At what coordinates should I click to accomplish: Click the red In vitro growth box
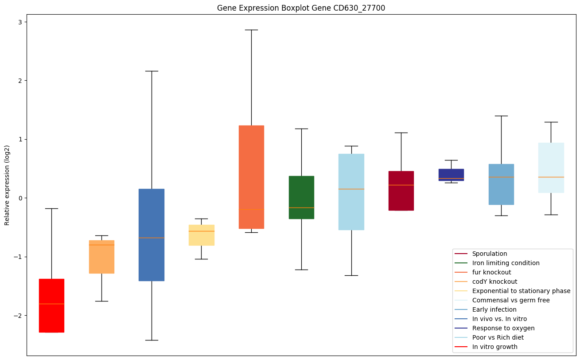[51, 305]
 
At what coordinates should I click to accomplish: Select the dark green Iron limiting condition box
[301, 197]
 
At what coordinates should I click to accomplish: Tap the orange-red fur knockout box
[251, 177]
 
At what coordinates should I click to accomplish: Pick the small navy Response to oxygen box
[451, 175]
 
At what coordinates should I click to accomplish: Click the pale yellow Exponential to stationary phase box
[201, 235]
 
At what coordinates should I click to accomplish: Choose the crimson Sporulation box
[401, 191]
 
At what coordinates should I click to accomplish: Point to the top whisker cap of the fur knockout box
[251, 30]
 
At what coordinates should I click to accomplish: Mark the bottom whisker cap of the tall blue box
[152, 340]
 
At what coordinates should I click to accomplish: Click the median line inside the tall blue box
[152, 238]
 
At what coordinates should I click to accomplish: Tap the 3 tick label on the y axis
[20, 22]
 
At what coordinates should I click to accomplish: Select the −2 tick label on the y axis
[18, 316]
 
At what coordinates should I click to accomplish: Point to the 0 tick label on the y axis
[20, 198]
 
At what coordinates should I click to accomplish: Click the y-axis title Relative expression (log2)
[7, 184]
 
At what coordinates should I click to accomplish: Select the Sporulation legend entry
[489, 254]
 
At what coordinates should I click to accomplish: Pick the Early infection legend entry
[494, 309]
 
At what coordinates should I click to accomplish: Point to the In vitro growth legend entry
[494, 347]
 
